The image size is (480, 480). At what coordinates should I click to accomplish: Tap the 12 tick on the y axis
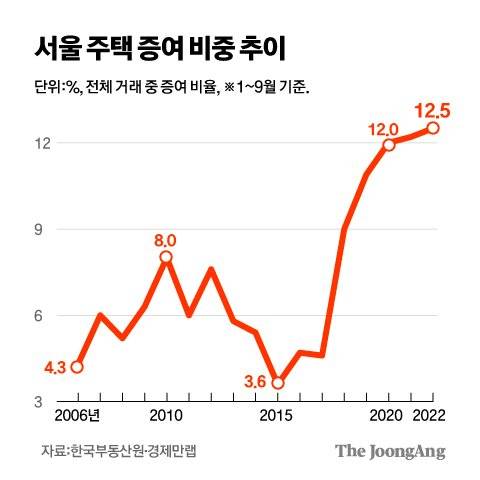tap(43, 143)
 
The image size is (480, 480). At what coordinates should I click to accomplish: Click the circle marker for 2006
tap(77, 367)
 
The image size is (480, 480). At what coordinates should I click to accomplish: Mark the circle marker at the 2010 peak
tap(166, 257)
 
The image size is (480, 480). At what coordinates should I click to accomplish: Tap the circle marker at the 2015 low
tap(278, 383)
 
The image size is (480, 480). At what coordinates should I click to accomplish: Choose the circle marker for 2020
tap(389, 144)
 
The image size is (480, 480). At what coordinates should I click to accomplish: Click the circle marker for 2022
tap(433, 128)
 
